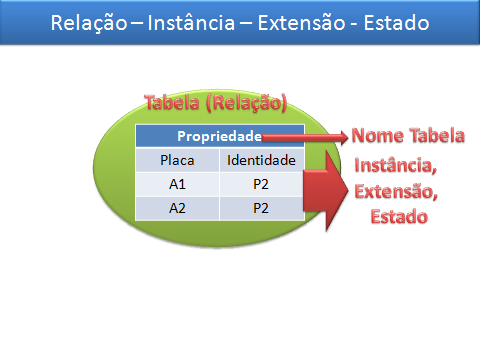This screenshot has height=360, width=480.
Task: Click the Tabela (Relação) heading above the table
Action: tap(216, 103)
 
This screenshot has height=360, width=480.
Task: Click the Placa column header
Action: tap(176, 160)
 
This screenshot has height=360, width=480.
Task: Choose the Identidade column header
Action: tap(261, 160)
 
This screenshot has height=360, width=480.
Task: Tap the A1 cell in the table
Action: tap(176, 184)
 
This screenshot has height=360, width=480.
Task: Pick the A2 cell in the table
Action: tap(176, 208)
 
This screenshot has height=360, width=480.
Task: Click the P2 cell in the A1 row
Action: tap(261, 184)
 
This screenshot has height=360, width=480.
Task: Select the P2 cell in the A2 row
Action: tap(261, 208)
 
